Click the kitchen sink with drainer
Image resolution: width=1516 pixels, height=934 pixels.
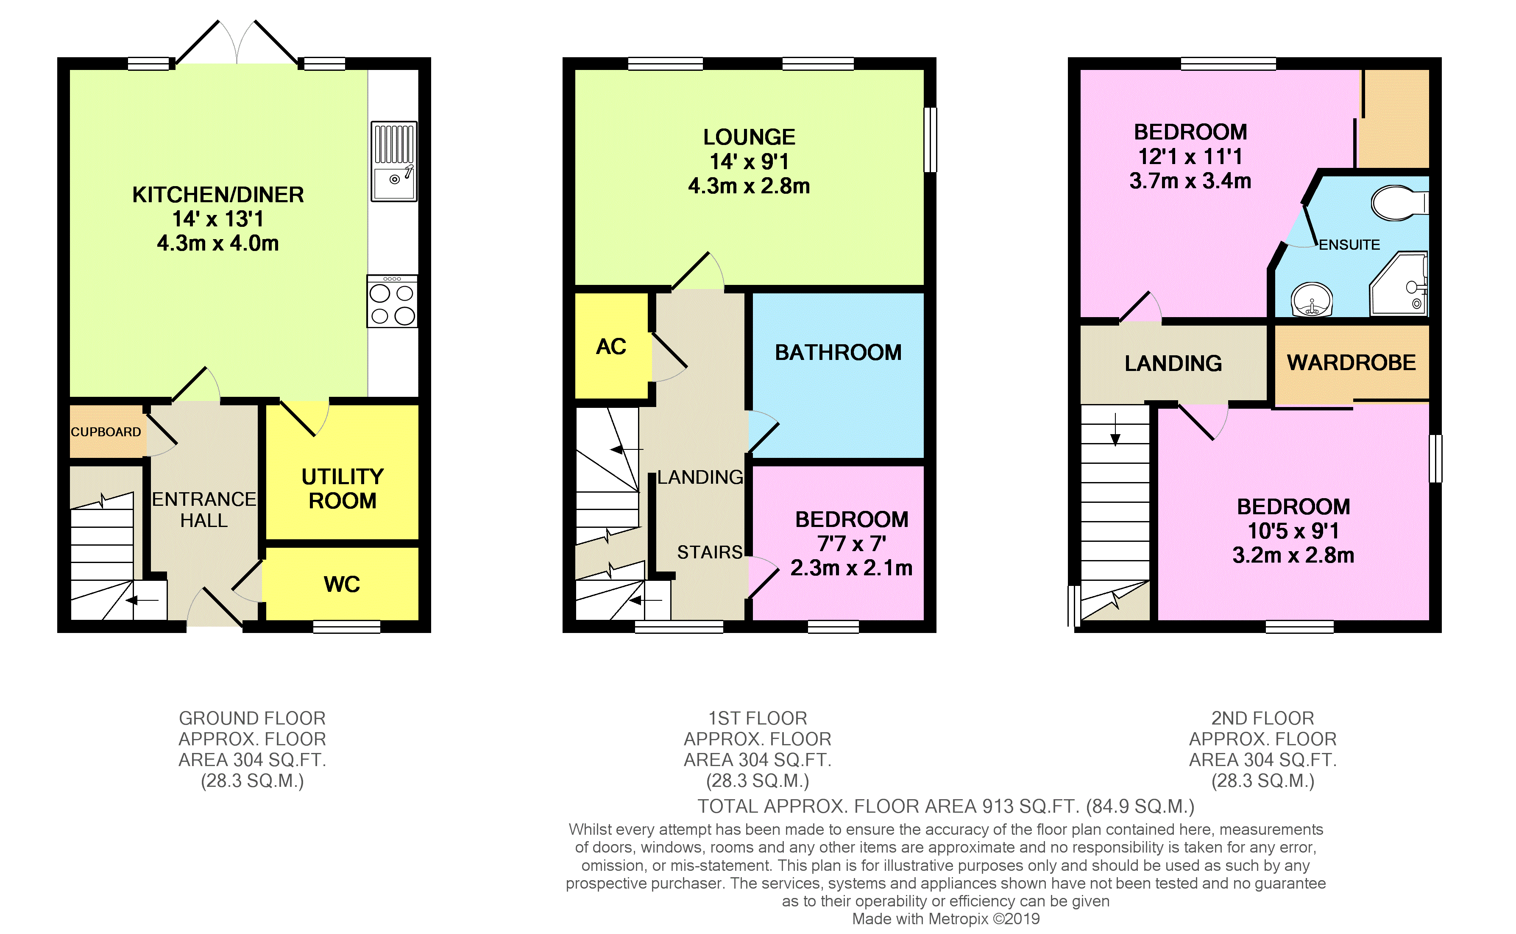(x=394, y=161)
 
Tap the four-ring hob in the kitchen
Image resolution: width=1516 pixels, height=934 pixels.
(x=392, y=302)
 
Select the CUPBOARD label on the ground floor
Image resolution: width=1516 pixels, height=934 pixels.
(x=106, y=432)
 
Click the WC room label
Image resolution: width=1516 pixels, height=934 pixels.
(x=342, y=584)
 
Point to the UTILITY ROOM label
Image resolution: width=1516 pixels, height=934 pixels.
(x=342, y=488)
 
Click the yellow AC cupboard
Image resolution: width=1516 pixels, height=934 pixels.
(x=611, y=346)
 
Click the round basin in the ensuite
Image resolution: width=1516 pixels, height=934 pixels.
(x=1312, y=300)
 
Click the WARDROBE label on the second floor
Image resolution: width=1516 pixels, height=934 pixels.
(x=1351, y=362)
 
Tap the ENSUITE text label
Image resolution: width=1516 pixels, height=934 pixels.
(x=1349, y=245)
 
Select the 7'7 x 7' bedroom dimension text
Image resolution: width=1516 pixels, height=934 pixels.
(x=852, y=544)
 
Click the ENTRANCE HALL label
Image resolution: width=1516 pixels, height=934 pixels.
(x=204, y=510)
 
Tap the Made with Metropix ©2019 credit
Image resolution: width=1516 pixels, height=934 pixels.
(x=945, y=919)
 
